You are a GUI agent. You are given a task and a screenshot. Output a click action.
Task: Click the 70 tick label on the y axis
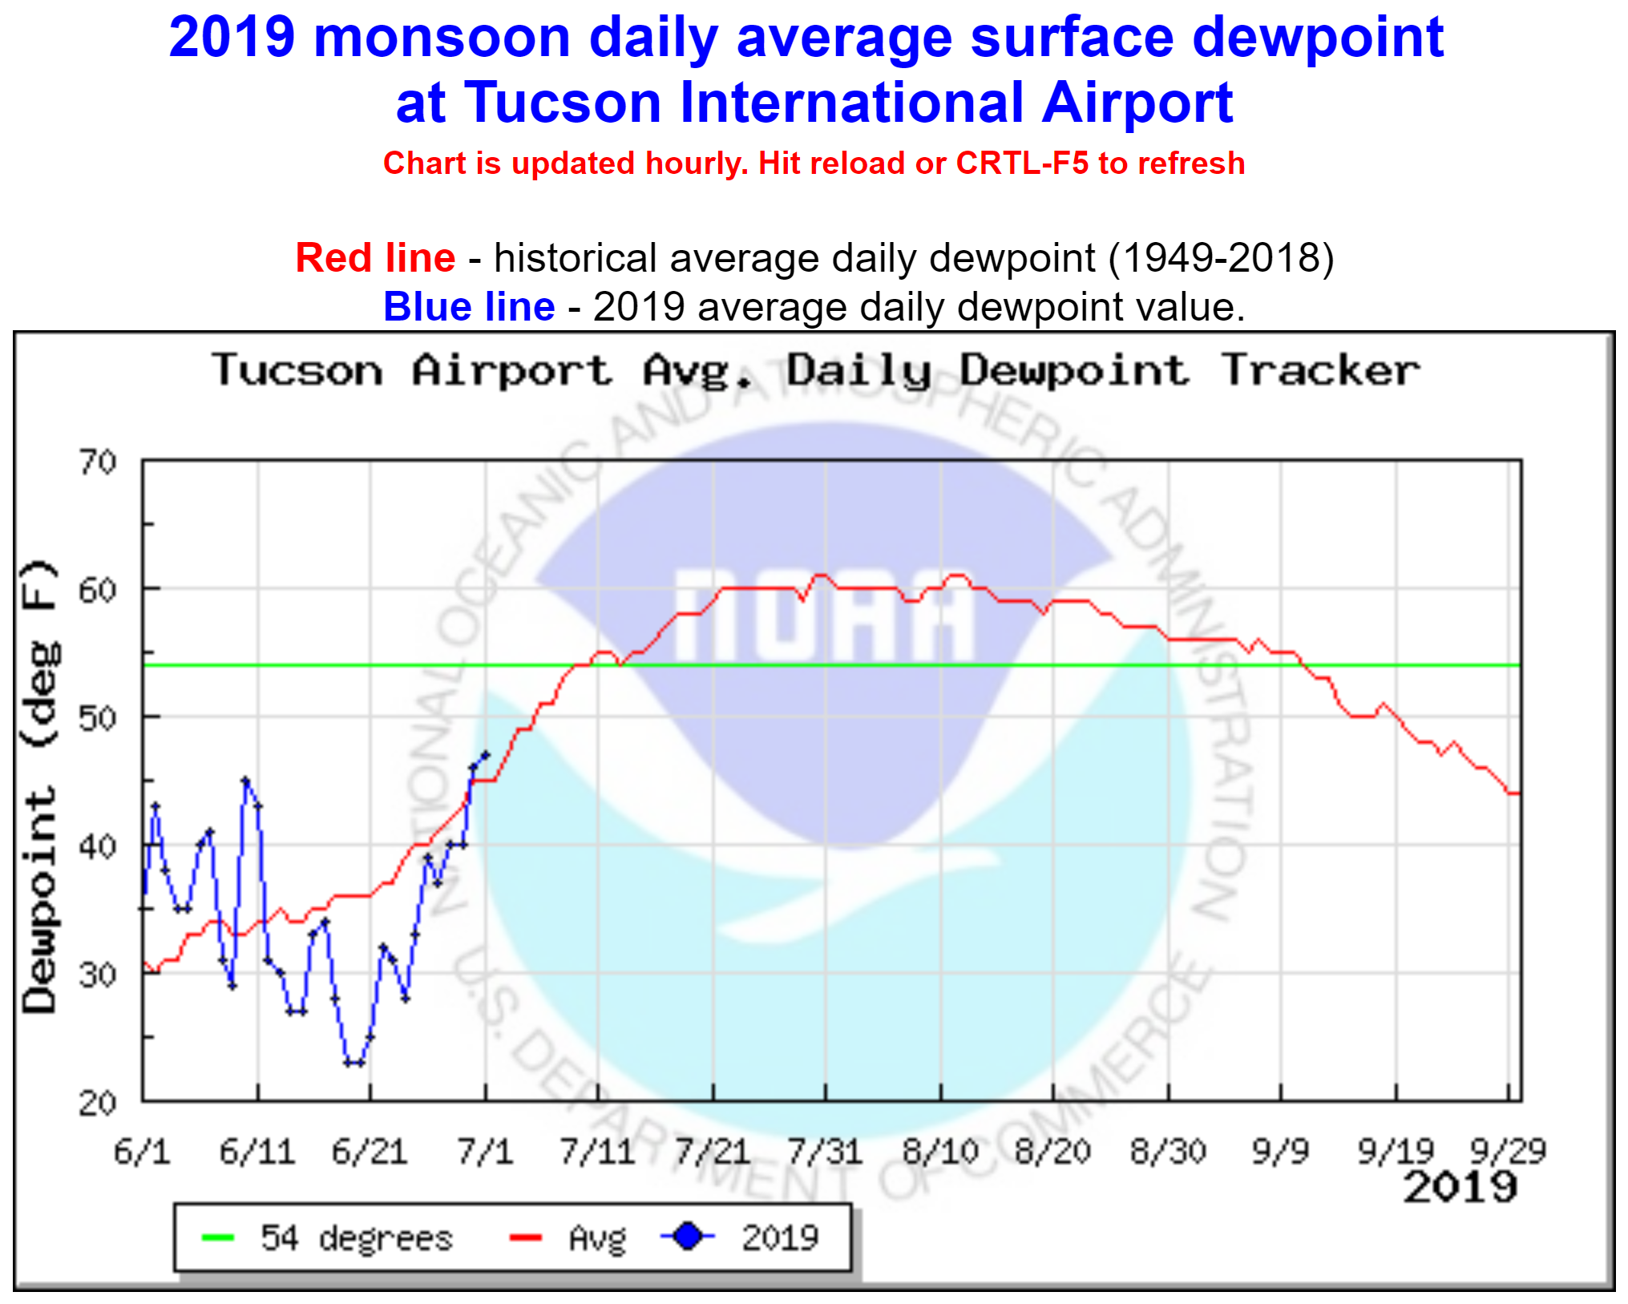pos(97,462)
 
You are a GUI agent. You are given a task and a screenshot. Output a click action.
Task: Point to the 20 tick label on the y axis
pos(97,1104)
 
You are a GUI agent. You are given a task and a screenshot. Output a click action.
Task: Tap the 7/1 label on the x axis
pos(485,1152)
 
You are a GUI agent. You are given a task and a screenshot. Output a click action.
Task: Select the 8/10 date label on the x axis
pos(940,1152)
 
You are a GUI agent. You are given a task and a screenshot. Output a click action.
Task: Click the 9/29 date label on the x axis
pos(1508,1152)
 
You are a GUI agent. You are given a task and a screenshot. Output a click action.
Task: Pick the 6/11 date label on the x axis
pos(257,1152)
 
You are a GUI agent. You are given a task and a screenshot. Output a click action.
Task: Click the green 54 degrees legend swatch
pos(217,1238)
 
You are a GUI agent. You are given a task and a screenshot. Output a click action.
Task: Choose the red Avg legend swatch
pos(525,1238)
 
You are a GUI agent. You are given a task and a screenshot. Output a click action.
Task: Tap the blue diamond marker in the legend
pos(687,1237)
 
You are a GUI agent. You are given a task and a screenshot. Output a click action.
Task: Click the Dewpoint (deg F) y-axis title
pos(40,786)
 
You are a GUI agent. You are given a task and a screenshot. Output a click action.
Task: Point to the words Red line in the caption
pos(375,258)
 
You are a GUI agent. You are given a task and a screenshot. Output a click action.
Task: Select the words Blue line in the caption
pos(469,307)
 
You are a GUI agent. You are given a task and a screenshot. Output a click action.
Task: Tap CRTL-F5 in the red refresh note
pos(1022,164)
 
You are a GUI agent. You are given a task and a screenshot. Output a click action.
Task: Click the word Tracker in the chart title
pos(1320,371)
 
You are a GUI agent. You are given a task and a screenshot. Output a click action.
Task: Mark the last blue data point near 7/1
pos(484,754)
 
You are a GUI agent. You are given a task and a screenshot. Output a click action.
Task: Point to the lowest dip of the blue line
pos(353,1063)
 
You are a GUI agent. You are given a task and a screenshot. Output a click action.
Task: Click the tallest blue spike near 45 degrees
pos(245,780)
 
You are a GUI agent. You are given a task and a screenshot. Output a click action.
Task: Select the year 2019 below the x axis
pos(1460,1187)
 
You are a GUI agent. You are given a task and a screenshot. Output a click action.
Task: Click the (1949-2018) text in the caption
pos(1221,258)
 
